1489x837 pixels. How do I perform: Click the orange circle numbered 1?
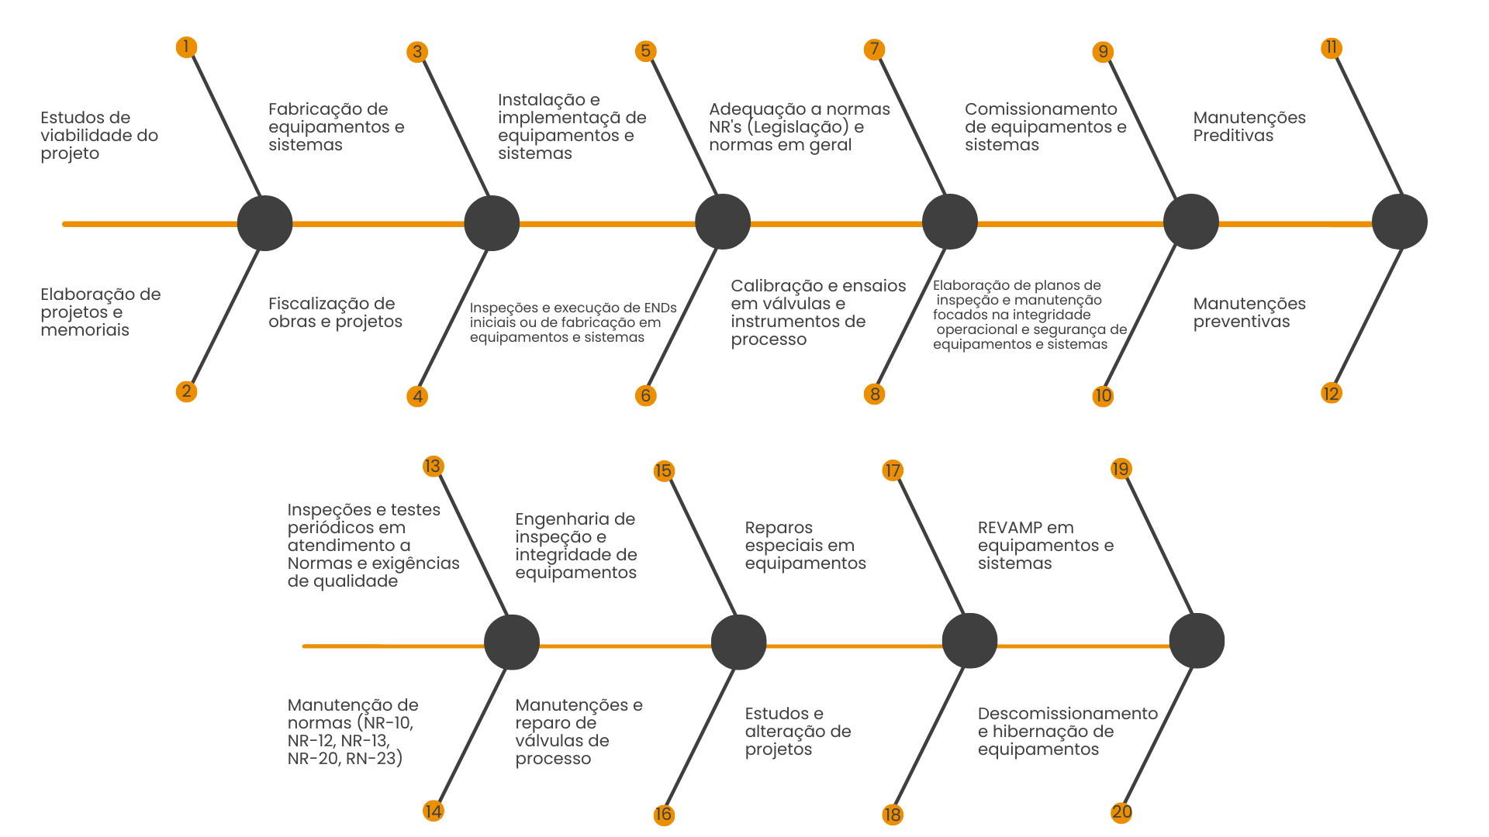(x=186, y=47)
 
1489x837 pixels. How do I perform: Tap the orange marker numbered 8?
(x=874, y=394)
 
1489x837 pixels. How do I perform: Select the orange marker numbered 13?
(x=433, y=466)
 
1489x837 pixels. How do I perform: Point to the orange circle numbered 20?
(x=1121, y=812)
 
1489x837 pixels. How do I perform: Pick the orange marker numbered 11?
(x=1331, y=48)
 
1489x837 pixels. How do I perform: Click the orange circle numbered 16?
(x=663, y=815)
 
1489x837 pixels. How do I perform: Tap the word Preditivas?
(x=1233, y=136)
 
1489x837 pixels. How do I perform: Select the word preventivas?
(x=1241, y=322)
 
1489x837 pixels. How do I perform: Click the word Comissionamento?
(x=1041, y=109)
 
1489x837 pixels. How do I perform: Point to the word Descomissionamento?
(x=1067, y=714)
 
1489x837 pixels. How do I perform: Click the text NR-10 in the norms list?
(x=389, y=723)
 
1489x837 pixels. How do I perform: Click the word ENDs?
(x=660, y=308)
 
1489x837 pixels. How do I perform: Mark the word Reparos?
(x=779, y=528)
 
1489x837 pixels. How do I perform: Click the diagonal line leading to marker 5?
(x=682, y=124)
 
